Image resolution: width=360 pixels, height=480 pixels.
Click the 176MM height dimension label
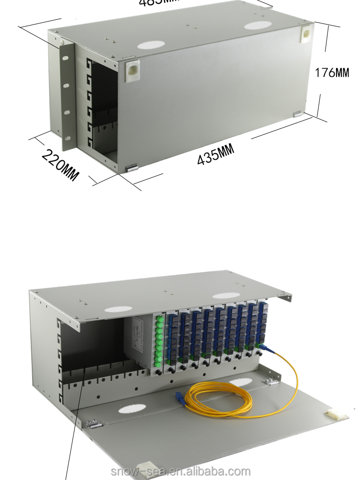click(x=332, y=72)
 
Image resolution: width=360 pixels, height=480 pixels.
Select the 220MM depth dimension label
click(x=60, y=164)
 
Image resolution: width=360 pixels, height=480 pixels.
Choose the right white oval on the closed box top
click(x=258, y=24)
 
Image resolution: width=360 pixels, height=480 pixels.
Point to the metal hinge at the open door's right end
click(x=271, y=381)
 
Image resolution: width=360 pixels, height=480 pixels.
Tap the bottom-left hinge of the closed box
click(x=131, y=168)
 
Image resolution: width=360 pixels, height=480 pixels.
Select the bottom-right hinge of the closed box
click(x=297, y=114)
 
